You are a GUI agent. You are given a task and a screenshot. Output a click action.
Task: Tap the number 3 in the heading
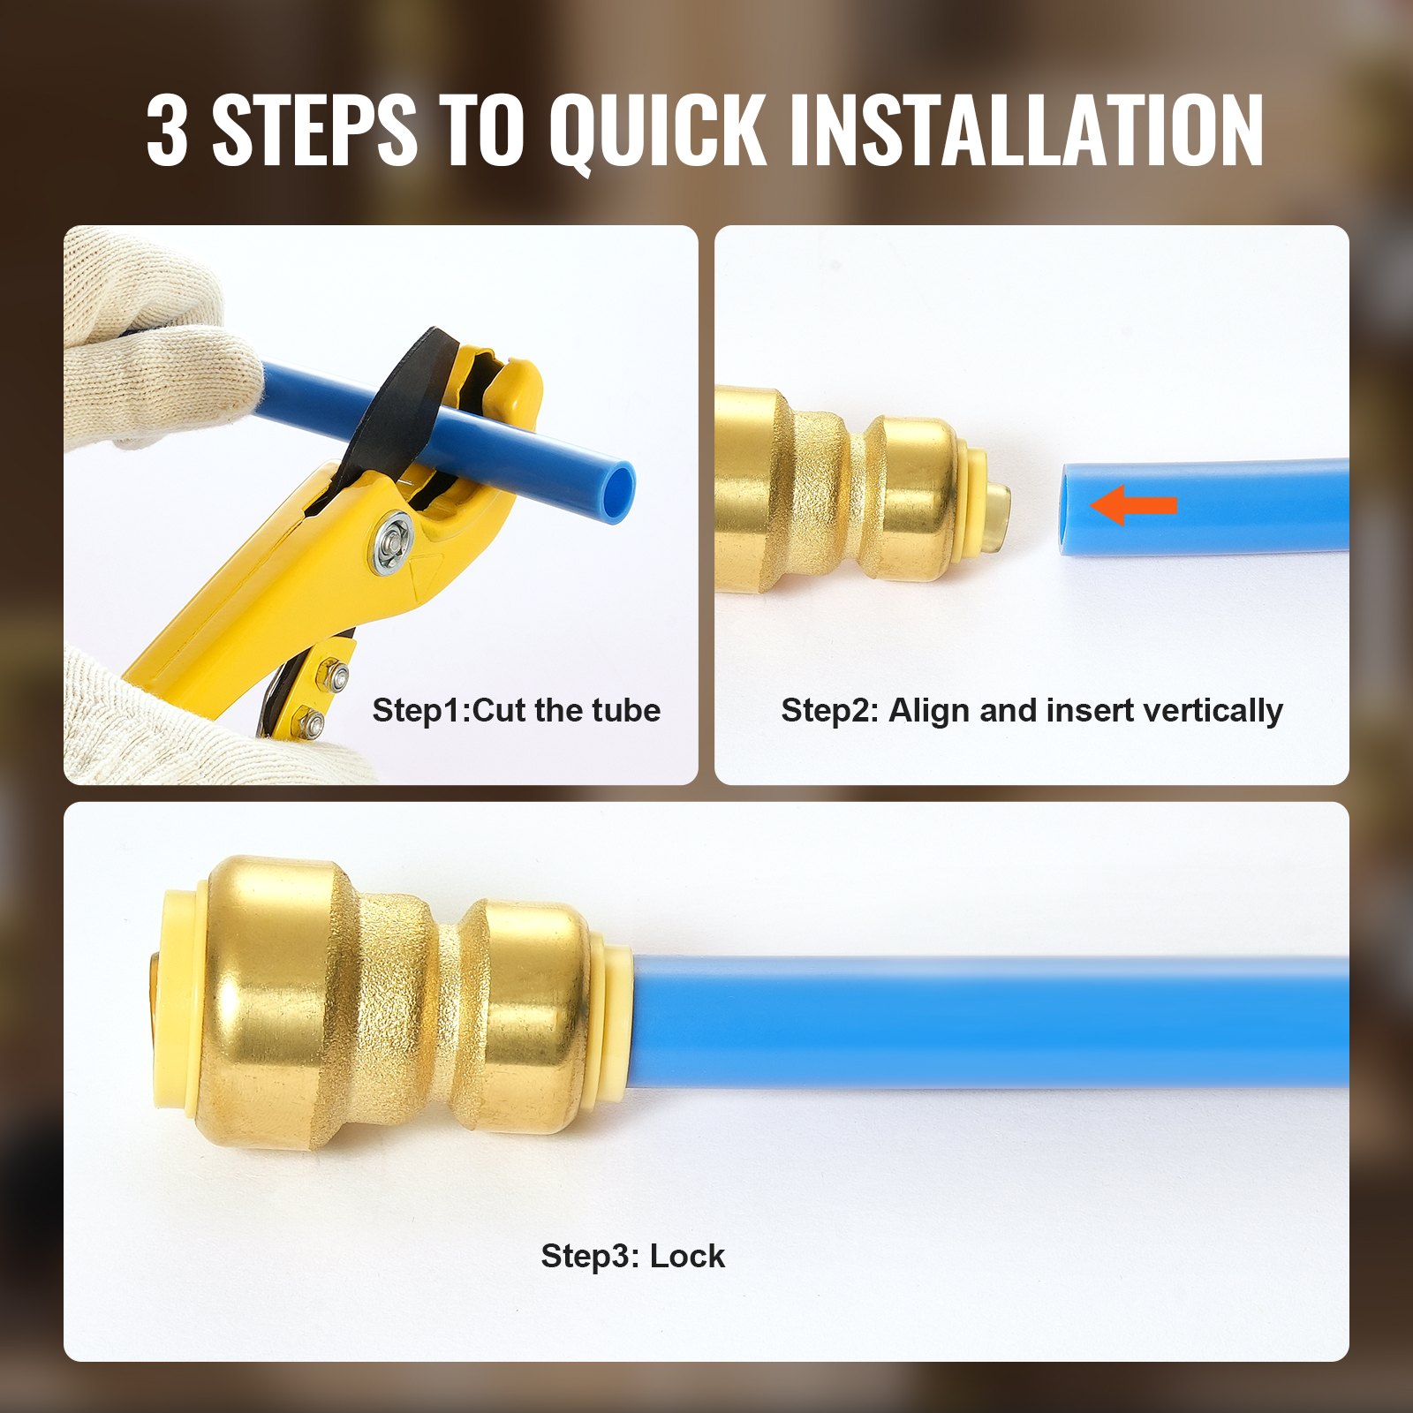(167, 131)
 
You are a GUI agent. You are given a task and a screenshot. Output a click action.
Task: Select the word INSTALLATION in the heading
(1026, 131)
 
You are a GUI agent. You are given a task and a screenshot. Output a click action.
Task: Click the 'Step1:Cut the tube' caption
(516, 710)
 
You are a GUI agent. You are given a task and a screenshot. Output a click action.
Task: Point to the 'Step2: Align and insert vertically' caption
(1031, 710)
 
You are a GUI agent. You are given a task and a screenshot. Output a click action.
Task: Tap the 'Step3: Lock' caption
(632, 1255)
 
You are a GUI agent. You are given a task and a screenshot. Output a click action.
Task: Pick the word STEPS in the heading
(314, 131)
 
